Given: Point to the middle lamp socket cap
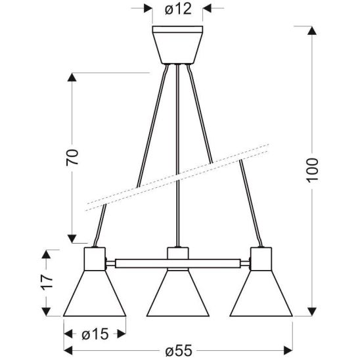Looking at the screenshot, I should coord(178,256).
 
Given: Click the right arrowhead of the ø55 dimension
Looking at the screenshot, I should coord(290,349).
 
